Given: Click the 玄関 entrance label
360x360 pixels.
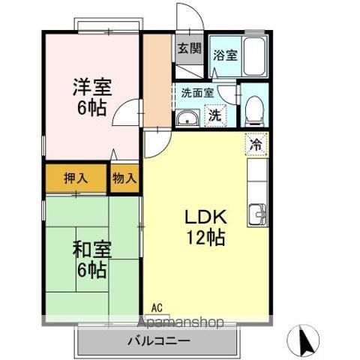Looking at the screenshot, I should (189, 49).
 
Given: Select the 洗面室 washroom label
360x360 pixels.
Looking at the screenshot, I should (197, 94).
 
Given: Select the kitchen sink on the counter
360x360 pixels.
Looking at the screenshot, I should (259, 214).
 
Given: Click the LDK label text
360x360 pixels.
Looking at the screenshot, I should (205, 218).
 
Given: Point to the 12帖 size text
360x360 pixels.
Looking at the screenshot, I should (205, 239).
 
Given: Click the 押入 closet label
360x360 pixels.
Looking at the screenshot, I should (75, 178).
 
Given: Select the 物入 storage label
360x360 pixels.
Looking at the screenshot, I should (124, 178).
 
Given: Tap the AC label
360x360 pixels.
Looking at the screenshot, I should (156, 307).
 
